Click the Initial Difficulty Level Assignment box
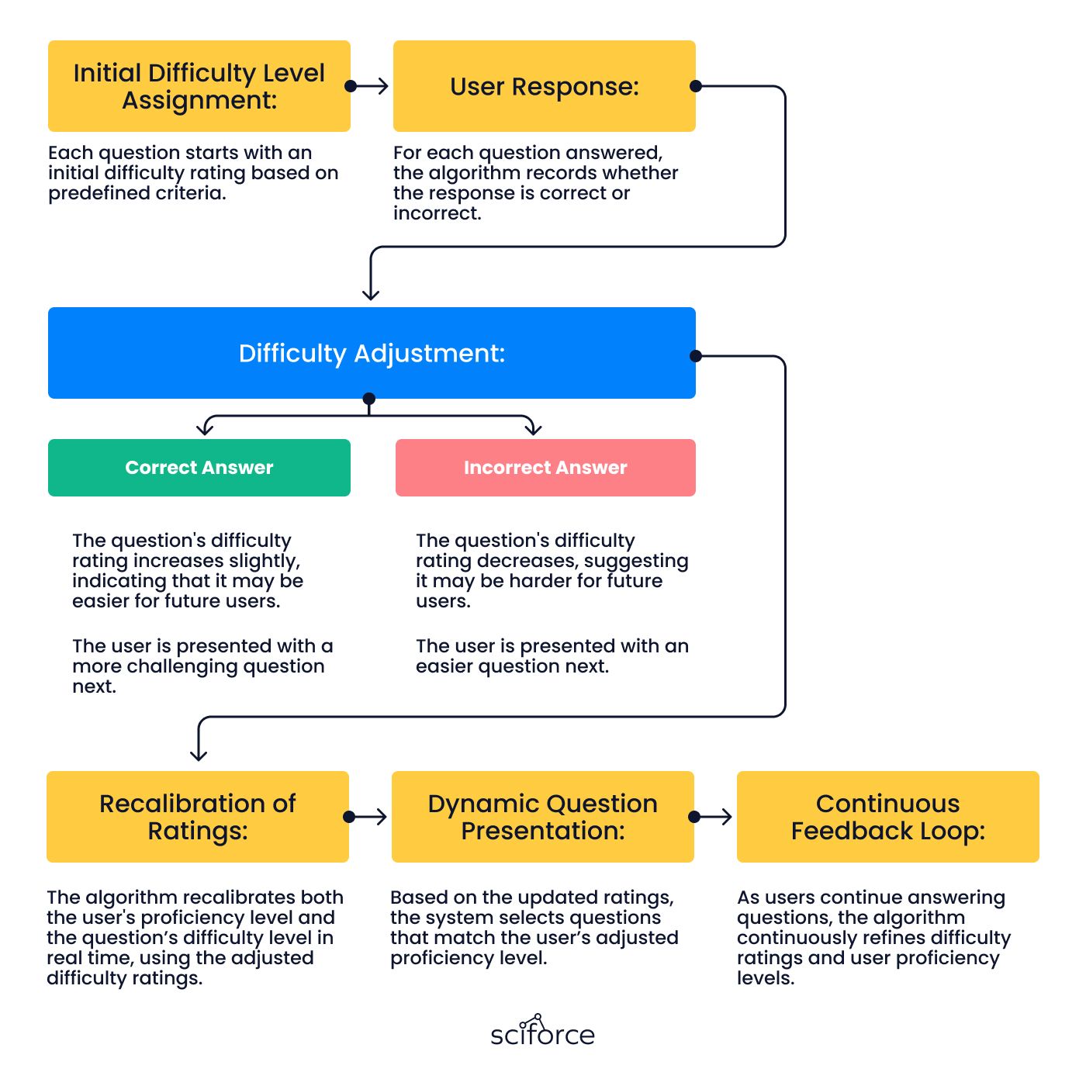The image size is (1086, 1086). [x=199, y=86]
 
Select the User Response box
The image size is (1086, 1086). [x=544, y=86]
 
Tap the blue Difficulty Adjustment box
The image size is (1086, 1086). [x=372, y=353]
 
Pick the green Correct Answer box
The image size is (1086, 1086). [x=199, y=468]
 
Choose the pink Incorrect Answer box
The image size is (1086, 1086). [x=545, y=468]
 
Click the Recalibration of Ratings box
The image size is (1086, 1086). [x=198, y=817]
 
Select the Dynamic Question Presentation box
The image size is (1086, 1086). [x=543, y=817]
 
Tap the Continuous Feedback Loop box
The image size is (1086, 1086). [x=887, y=817]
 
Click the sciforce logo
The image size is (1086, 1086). [x=543, y=1031]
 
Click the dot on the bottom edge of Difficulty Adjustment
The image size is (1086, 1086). [x=369, y=399]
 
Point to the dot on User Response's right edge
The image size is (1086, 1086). [x=696, y=86]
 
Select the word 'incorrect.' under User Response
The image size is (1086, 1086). [x=438, y=213]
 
